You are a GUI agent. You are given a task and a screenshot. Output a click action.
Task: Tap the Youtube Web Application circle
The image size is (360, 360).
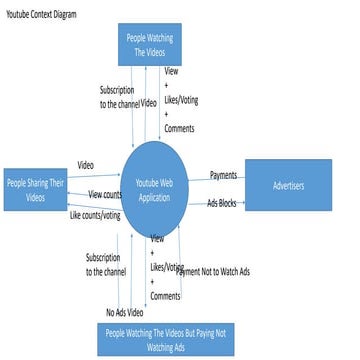(167, 191)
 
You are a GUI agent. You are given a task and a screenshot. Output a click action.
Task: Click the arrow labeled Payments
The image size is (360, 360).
(227, 182)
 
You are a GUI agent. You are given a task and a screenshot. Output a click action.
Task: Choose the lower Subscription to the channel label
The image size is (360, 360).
(105, 264)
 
